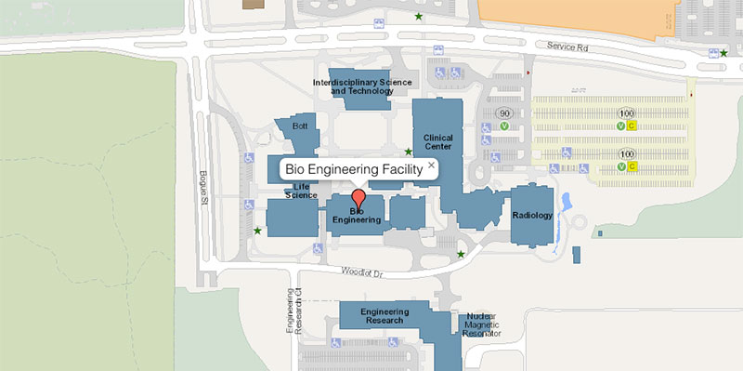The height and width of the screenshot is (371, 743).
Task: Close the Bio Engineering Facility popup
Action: (x=431, y=166)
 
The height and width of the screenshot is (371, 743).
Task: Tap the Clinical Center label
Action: (x=437, y=142)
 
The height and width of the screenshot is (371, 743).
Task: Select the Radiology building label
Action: (x=532, y=216)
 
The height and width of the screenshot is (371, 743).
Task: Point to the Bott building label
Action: (x=299, y=126)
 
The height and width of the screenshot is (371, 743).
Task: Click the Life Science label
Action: (x=301, y=192)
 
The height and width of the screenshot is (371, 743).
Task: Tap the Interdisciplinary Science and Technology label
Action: (x=362, y=86)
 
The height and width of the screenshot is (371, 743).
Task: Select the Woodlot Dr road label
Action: (x=361, y=272)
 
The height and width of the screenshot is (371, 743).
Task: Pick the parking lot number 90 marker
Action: (x=503, y=113)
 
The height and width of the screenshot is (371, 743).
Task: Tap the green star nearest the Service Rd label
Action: (x=723, y=53)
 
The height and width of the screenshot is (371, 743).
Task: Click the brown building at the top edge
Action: (x=252, y=4)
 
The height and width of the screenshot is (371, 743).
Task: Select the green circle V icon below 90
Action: (x=503, y=126)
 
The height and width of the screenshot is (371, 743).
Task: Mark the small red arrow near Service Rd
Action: (x=528, y=71)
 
